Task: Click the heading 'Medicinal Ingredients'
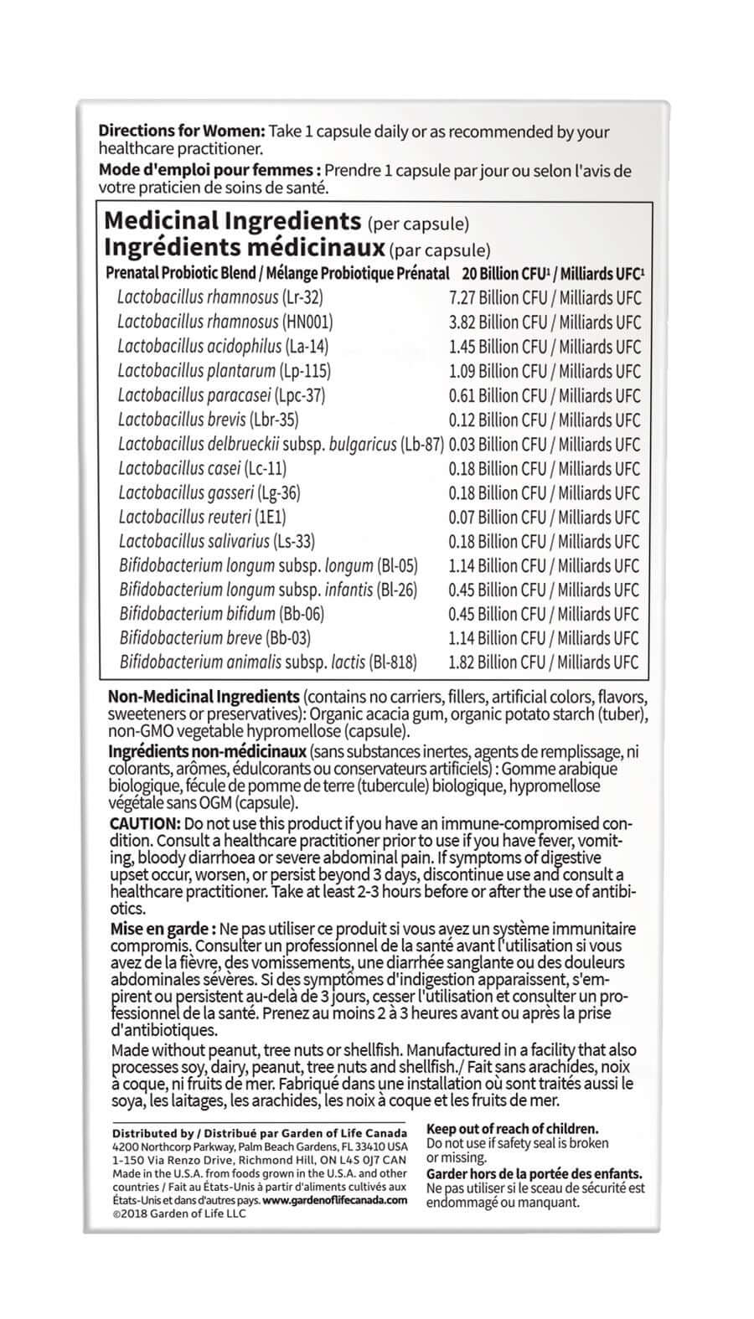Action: coord(231,222)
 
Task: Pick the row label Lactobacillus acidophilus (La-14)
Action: coord(223,346)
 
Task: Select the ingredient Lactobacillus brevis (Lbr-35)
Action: coord(208,420)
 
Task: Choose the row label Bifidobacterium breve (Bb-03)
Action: coord(214,638)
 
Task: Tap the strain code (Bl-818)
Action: coord(393,662)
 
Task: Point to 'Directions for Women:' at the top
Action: coord(182,131)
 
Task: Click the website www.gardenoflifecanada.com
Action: coord(335,1199)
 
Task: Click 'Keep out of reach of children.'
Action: coord(512,1129)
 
